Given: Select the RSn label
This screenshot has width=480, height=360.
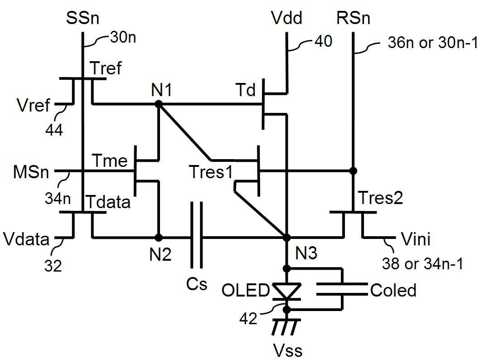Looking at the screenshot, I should pos(353,19).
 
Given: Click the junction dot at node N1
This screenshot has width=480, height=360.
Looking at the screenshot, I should pos(158,104).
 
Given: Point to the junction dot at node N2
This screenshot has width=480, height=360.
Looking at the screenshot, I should pos(158,237).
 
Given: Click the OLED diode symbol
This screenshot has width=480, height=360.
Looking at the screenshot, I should pos(286,291).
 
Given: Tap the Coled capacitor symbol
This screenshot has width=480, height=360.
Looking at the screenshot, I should pos(342,289).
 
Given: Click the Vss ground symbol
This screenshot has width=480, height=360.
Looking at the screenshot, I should pos(286,326).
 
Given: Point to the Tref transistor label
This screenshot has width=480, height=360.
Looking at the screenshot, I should pos(107,69).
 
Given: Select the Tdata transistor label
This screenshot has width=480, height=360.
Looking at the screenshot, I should pos(111,202).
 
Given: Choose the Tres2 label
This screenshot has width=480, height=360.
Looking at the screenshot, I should pos(381,198).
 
